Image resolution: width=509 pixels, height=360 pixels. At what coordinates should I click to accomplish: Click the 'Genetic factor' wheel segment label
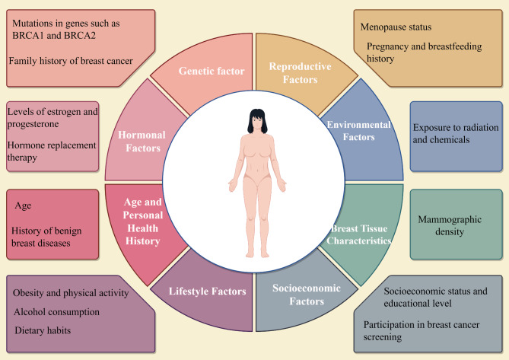click(x=211, y=71)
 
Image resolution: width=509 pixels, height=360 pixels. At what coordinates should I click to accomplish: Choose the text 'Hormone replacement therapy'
click(x=51, y=150)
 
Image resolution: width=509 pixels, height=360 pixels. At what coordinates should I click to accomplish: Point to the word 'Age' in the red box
click(x=23, y=205)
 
